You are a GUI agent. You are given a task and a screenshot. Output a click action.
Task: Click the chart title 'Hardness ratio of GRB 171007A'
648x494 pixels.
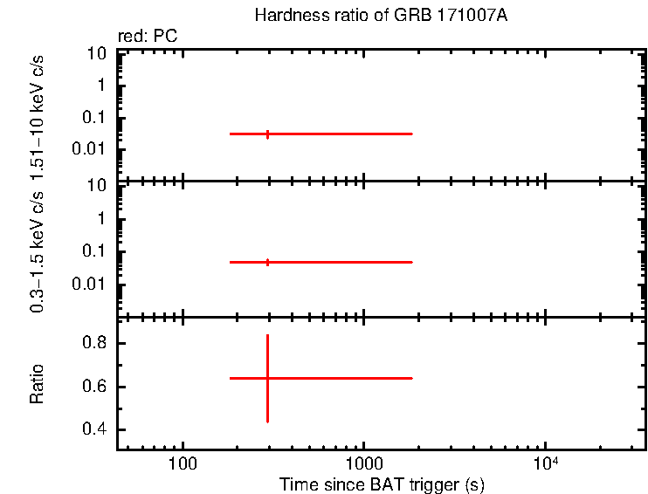(380, 16)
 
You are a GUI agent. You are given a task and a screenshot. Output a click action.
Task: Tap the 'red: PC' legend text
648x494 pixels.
(148, 37)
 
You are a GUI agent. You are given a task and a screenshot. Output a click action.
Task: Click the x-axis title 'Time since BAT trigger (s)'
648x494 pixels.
(382, 484)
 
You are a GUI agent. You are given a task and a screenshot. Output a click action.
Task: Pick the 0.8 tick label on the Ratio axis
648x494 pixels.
(93, 344)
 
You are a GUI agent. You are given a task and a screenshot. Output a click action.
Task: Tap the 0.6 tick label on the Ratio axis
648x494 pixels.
(93, 387)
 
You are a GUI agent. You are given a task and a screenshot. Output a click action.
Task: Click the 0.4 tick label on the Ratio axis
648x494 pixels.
(93, 429)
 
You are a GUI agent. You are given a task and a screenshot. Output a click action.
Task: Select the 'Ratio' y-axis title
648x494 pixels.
(37, 383)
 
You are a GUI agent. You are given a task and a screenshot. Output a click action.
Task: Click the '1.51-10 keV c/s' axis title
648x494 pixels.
(37, 113)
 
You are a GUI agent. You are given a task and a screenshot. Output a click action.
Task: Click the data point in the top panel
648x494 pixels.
(267, 134)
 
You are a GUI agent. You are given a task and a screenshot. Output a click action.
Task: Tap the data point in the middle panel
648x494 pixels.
(267, 262)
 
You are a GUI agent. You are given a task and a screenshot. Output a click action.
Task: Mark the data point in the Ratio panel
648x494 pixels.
(267, 378)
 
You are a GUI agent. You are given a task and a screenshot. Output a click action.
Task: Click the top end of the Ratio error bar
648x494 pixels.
(267, 335)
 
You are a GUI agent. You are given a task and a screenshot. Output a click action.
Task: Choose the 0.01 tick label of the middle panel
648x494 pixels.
(90, 284)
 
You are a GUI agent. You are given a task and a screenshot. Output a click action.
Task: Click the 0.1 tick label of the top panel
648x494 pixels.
(93, 118)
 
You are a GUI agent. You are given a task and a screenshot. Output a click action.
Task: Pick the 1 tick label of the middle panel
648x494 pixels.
(101, 218)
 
